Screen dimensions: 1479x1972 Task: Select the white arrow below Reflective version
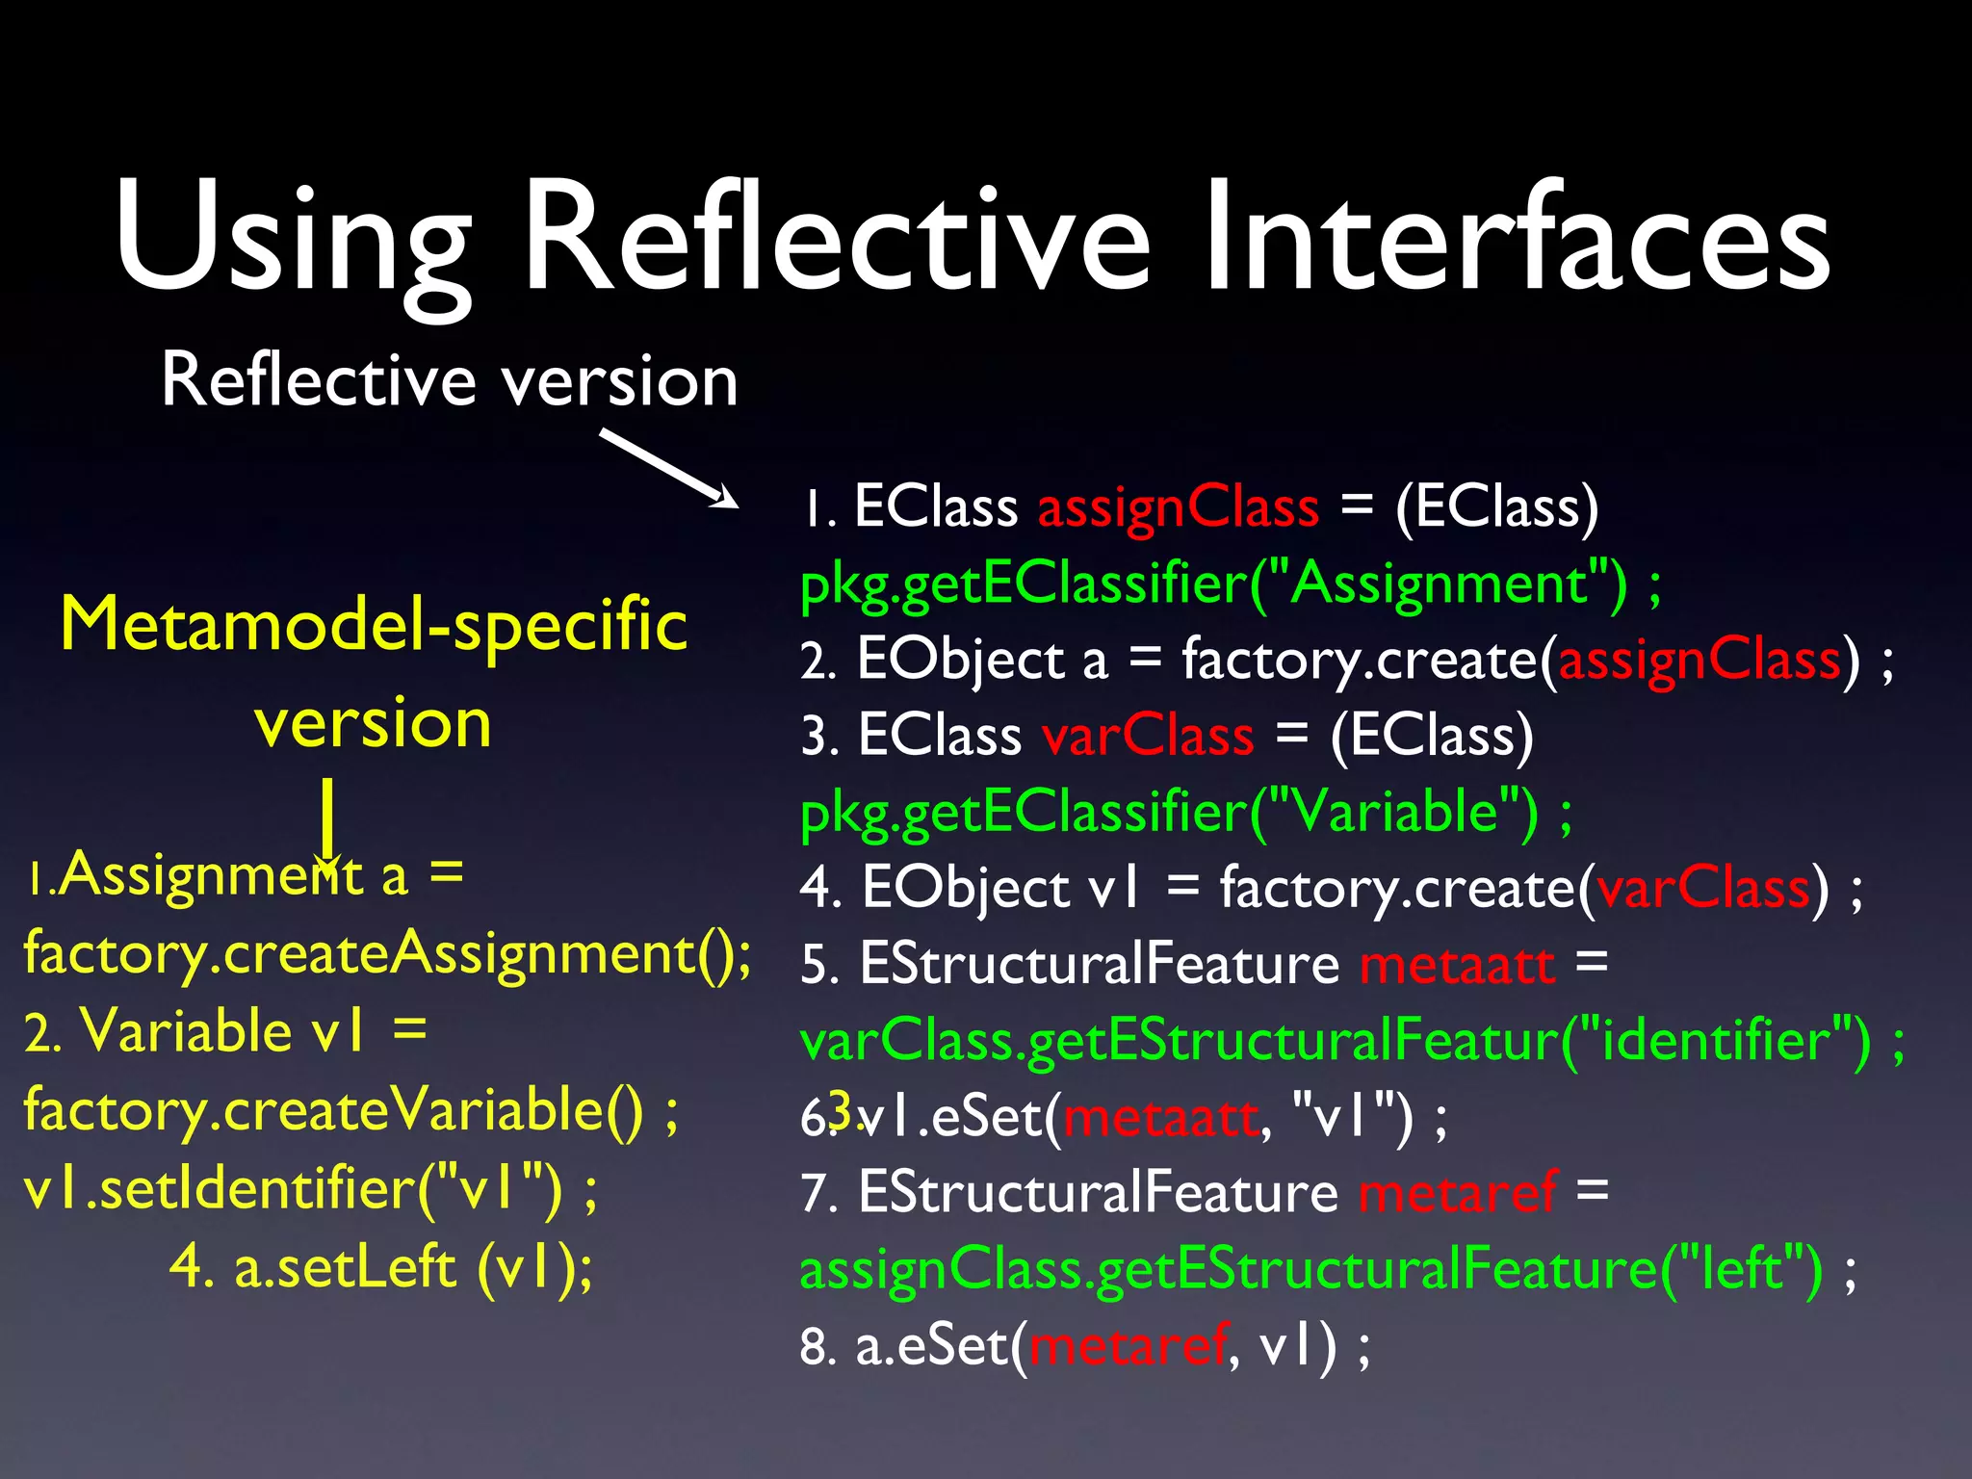668,468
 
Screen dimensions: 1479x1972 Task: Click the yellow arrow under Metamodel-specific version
328,823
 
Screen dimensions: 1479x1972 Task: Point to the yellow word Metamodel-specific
374,625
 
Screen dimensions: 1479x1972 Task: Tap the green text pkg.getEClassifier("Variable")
1170,813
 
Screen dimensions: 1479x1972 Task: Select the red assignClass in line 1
1178,507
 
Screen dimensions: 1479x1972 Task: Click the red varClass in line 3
1148,737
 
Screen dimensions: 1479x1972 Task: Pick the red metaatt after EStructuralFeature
1457,965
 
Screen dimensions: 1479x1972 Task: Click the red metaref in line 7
1457,1193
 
